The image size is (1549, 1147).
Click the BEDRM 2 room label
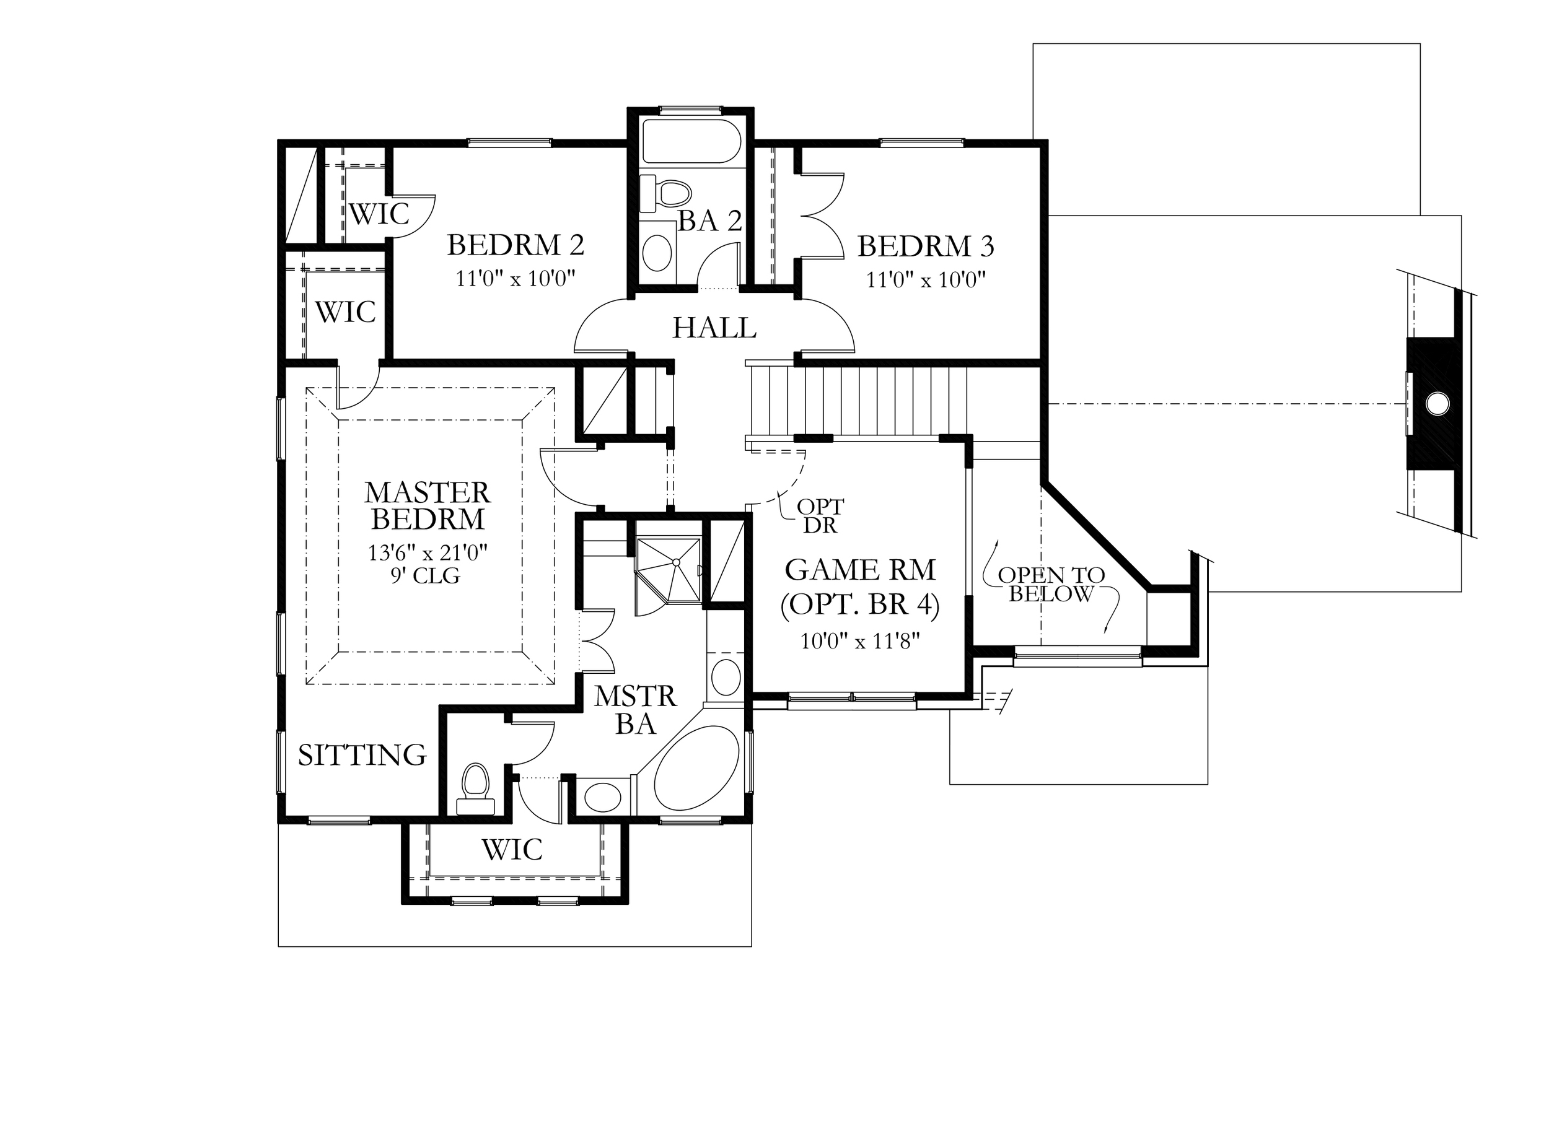tap(516, 245)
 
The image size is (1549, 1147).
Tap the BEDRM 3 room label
tap(926, 246)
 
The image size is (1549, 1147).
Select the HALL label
tap(714, 328)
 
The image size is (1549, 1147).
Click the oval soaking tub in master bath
tap(696, 768)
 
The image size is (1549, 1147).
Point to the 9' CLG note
tap(425, 575)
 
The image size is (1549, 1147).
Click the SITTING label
tap(362, 755)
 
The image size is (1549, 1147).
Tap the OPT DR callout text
tap(820, 516)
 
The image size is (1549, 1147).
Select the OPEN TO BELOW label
tap(1051, 585)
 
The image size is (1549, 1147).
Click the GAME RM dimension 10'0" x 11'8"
tap(860, 640)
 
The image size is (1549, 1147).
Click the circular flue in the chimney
tap(1438, 403)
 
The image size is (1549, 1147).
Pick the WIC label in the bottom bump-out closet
tap(512, 850)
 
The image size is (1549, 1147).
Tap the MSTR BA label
tap(636, 710)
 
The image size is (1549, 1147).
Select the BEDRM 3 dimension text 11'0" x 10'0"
tap(926, 280)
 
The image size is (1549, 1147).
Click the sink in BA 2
tap(657, 253)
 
